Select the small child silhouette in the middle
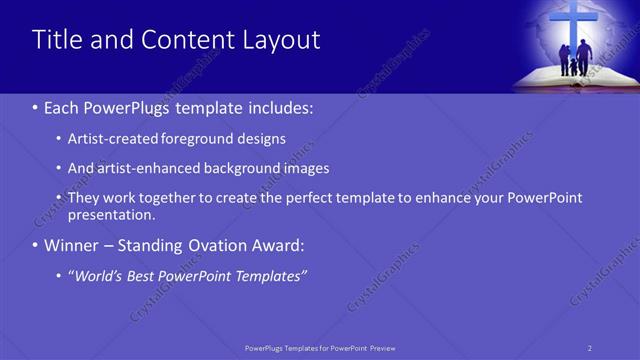point(574,68)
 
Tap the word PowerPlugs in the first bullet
point(125,107)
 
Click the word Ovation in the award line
point(231,245)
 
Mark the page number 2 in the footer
point(590,348)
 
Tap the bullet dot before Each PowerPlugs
point(36,107)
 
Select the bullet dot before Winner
point(36,245)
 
